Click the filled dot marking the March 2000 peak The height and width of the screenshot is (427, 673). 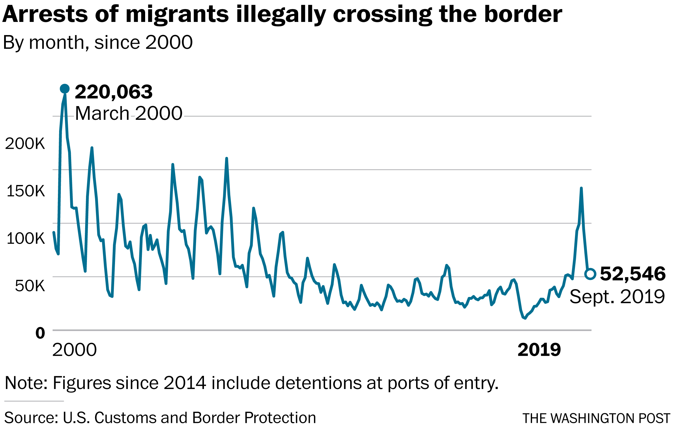click(x=65, y=89)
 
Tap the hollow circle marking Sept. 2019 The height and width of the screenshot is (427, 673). click(x=590, y=274)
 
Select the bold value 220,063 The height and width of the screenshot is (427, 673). click(x=114, y=92)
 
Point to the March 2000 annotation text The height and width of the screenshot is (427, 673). click(x=129, y=113)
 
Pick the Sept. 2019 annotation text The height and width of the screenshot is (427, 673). click(x=617, y=297)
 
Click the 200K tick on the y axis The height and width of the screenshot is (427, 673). click(x=25, y=144)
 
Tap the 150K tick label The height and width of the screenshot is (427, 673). click(x=26, y=191)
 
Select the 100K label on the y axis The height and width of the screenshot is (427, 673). click(x=26, y=238)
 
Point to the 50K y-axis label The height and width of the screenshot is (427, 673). click(x=30, y=286)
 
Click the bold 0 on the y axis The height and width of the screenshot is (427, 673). click(x=40, y=333)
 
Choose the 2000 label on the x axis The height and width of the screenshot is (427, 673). click(x=74, y=350)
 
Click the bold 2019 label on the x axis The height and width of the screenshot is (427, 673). click(x=539, y=350)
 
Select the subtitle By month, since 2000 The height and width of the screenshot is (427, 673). click(x=98, y=43)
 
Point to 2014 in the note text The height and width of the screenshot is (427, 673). click(x=185, y=383)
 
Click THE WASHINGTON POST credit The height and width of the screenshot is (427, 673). click(x=596, y=418)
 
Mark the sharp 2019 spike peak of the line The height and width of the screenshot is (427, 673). click(x=581, y=188)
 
